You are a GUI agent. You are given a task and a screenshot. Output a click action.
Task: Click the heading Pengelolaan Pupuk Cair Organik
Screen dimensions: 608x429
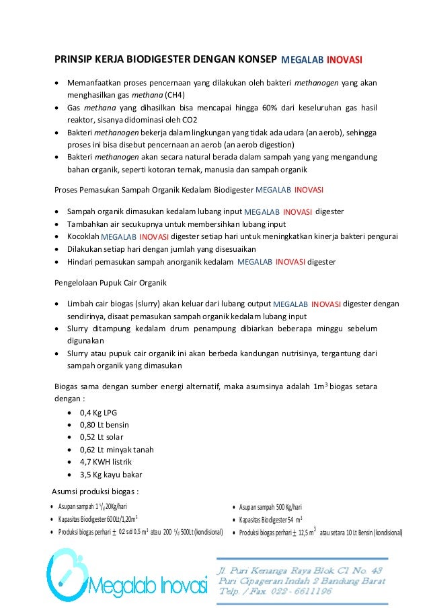110,281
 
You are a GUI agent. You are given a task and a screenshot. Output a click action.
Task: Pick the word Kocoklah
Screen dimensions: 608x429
83,236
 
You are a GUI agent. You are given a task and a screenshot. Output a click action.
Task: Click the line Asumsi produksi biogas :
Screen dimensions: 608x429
95,489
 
